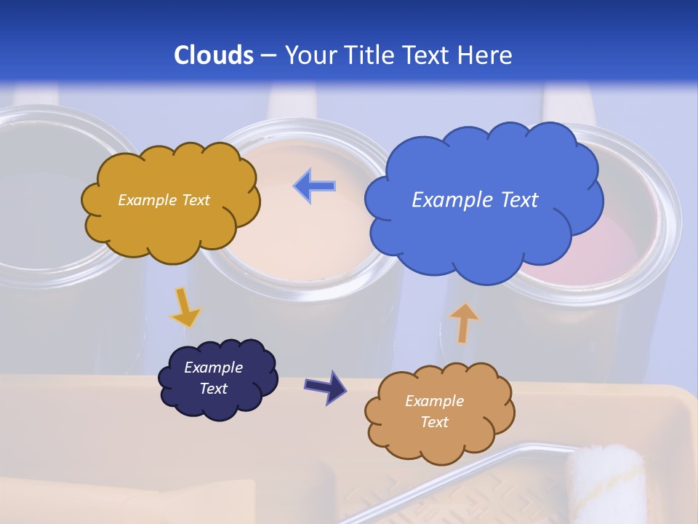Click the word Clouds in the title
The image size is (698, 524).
(x=214, y=55)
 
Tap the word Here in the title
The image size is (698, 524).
(x=486, y=55)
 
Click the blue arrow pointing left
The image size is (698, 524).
(x=315, y=186)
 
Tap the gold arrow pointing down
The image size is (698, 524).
(x=185, y=308)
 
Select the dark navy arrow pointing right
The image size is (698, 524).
(x=326, y=386)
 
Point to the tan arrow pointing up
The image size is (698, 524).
(x=463, y=322)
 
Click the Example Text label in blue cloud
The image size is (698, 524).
(x=475, y=199)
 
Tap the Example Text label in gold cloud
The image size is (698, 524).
(x=164, y=199)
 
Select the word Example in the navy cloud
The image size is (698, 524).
(x=213, y=368)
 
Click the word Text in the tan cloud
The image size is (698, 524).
(x=434, y=422)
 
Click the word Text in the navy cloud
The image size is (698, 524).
(x=213, y=389)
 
